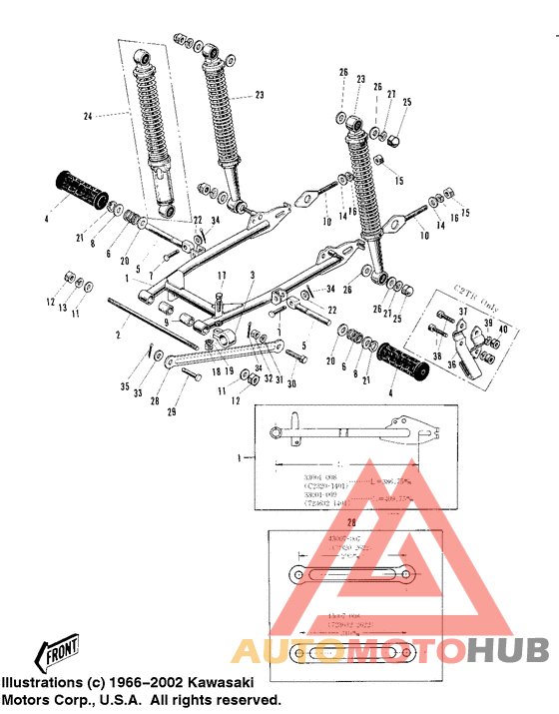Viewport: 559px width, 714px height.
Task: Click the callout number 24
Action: (x=87, y=117)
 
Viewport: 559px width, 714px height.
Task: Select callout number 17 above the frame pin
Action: (x=223, y=277)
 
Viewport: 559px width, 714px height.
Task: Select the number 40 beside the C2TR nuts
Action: (x=503, y=331)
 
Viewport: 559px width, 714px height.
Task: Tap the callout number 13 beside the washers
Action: (x=63, y=309)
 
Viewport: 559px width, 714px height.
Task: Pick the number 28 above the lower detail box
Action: (x=348, y=522)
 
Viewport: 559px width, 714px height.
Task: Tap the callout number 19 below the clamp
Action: (x=232, y=371)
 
